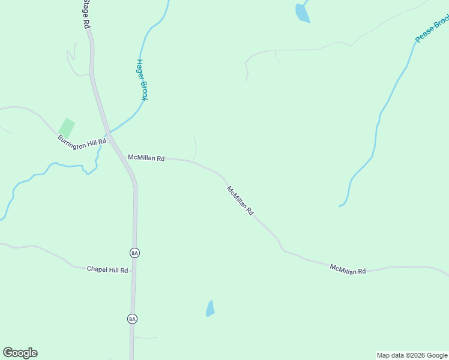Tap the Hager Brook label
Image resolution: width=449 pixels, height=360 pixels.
(x=142, y=79)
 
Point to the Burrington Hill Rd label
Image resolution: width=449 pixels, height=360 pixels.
(x=82, y=143)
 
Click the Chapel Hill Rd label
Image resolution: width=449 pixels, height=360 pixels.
(x=107, y=270)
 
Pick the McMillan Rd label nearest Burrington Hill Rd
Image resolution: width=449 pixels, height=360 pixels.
(x=146, y=158)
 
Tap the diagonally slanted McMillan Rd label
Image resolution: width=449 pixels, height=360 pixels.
(x=240, y=200)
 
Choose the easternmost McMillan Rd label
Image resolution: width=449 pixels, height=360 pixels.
(x=348, y=269)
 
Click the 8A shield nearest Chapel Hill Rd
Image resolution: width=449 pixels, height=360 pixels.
(x=134, y=253)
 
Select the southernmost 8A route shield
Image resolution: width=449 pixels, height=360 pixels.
(x=132, y=319)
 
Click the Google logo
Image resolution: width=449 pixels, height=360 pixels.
(x=20, y=353)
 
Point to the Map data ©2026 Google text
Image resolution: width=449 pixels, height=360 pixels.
(x=412, y=355)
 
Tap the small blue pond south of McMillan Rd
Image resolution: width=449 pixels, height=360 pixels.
(x=210, y=308)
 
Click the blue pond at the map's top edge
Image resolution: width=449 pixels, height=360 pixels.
(x=302, y=12)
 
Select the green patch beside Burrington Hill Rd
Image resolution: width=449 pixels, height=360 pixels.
(x=66, y=127)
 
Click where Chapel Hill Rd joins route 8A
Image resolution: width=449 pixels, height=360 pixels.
(x=134, y=269)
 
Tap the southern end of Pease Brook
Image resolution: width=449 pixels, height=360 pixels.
(x=340, y=206)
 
